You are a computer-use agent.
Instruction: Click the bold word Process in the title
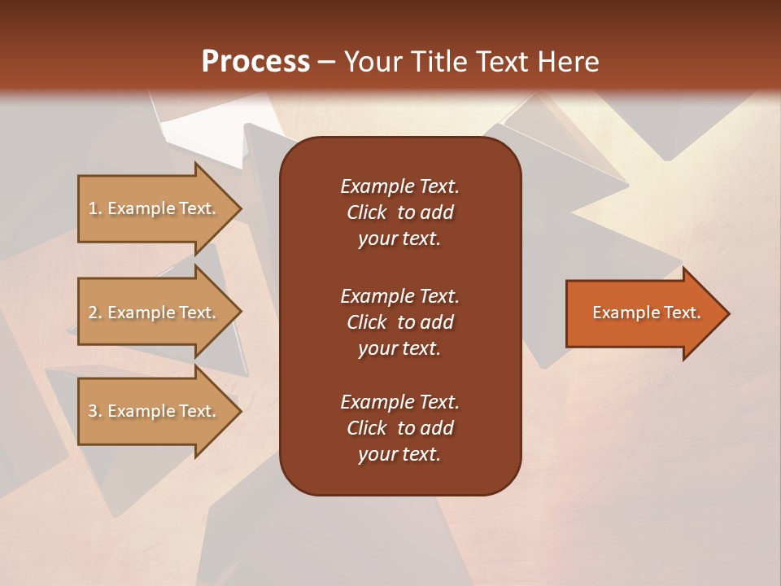pyautogui.click(x=255, y=62)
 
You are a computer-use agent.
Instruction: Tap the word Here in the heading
pyautogui.click(x=566, y=62)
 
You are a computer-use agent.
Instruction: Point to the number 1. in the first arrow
pyautogui.click(x=94, y=208)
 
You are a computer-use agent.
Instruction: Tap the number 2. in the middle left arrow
pyautogui.click(x=94, y=313)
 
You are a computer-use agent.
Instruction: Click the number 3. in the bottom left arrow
pyautogui.click(x=94, y=411)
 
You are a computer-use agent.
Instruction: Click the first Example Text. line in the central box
pyautogui.click(x=399, y=186)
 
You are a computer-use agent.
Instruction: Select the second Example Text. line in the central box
pyautogui.click(x=399, y=296)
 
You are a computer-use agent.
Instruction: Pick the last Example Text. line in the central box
pyautogui.click(x=399, y=402)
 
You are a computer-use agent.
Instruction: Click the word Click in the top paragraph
pyautogui.click(x=366, y=212)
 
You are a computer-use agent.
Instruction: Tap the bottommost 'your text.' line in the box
pyautogui.click(x=399, y=455)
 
